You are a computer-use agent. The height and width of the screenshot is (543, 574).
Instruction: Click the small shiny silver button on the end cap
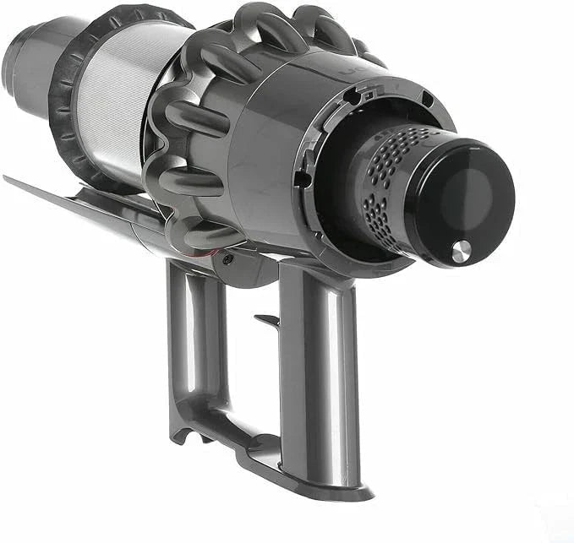tap(461, 250)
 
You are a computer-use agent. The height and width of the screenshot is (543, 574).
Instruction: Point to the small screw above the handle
tap(227, 260)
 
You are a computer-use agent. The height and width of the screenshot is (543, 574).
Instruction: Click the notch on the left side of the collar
tap(302, 179)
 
